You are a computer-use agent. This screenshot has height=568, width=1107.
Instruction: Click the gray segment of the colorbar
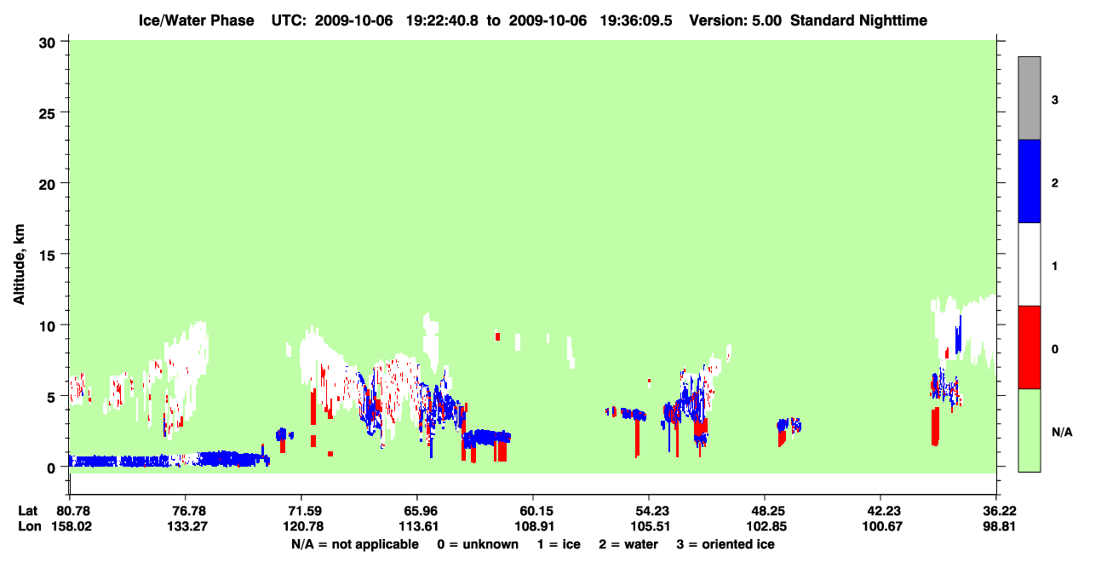click(1029, 98)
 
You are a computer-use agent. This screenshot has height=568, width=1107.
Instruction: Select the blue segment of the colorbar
click(1029, 181)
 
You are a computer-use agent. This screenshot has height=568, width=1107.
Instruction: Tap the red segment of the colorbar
click(1029, 347)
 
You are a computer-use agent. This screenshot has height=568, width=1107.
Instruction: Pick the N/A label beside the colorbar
click(1062, 433)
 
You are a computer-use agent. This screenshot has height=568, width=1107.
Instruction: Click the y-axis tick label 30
click(47, 43)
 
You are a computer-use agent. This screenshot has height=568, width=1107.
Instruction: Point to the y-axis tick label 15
click(47, 255)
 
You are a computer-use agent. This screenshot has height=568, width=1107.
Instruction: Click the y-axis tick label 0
click(51, 468)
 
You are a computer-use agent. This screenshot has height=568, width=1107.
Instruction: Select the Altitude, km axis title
click(19, 265)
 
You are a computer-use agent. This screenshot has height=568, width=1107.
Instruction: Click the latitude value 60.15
click(534, 511)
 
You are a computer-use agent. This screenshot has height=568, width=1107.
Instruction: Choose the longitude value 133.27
click(186, 526)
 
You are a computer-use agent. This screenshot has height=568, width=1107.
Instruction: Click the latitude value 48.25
click(766, 511)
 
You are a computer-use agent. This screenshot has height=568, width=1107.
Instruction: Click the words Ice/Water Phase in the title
click(196, 20)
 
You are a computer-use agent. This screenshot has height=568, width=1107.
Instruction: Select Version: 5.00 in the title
click(736, 20)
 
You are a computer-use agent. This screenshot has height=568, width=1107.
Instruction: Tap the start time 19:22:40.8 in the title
click(442, 20)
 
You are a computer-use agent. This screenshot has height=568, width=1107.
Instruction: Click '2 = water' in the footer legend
click(628, 544)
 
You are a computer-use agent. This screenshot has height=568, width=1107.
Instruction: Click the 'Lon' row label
click(30, 526)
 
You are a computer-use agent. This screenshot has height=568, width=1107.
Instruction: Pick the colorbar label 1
click(1054, 267)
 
